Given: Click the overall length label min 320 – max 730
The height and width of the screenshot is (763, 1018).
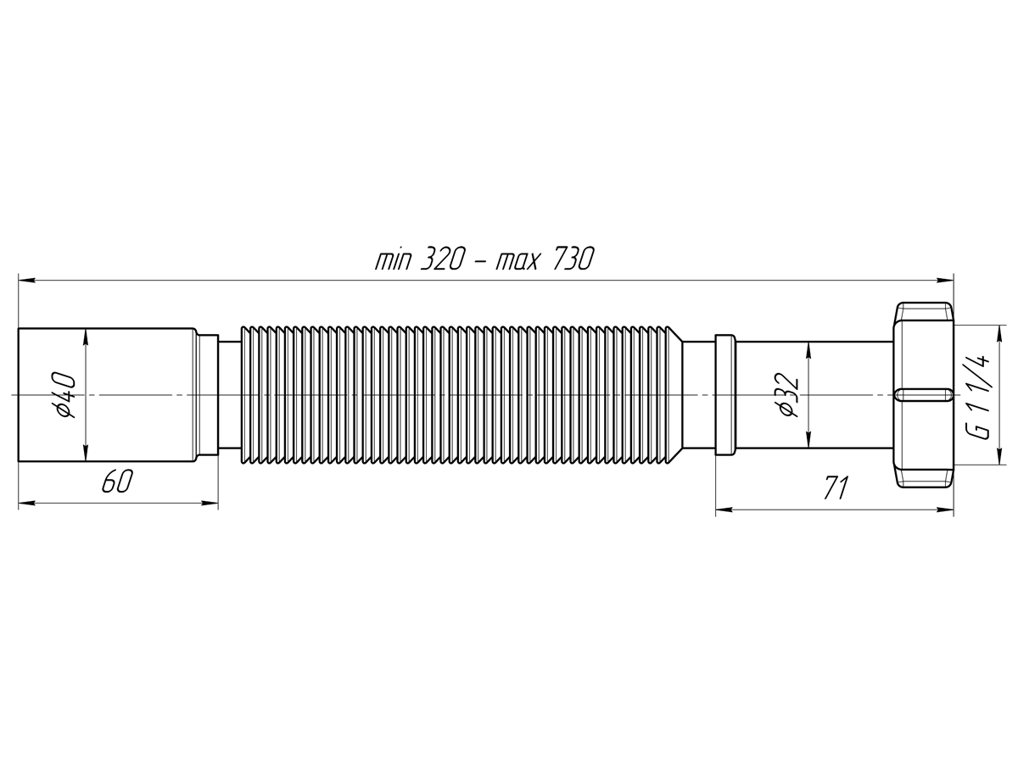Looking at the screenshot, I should coord(484,259).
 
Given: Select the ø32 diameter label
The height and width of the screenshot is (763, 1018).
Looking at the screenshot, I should coord(787,396).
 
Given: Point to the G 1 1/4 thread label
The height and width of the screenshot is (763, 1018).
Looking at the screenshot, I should coord(980,396).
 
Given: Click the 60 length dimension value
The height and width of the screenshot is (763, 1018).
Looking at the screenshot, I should coord(117,482).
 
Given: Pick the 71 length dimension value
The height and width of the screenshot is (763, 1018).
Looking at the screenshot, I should coord(836,487).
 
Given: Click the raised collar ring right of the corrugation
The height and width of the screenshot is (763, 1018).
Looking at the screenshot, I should coord(725,395).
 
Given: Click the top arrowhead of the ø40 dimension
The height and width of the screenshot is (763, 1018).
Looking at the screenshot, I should coord(86,336).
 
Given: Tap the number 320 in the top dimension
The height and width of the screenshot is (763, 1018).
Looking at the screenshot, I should coord(440,259).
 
